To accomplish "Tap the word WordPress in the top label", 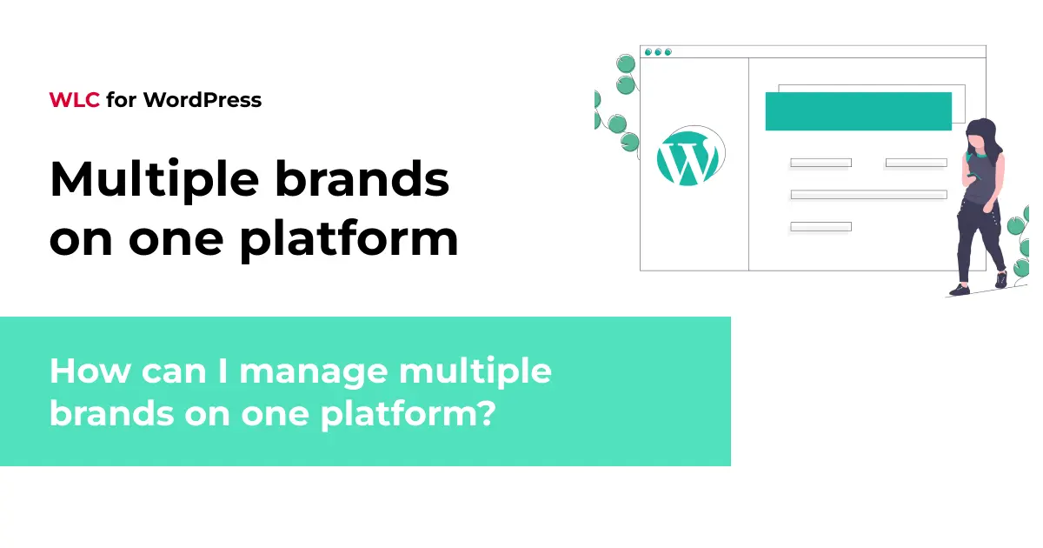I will (203, 100).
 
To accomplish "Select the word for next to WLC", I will (121, 100).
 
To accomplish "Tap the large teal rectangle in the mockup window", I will (858, 111).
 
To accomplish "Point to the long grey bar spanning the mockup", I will (868, 195).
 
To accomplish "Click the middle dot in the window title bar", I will (659, 52).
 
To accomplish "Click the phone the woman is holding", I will (973, 176).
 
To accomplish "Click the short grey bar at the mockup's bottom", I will (820, 227).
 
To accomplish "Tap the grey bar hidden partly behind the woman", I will (915, 163).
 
